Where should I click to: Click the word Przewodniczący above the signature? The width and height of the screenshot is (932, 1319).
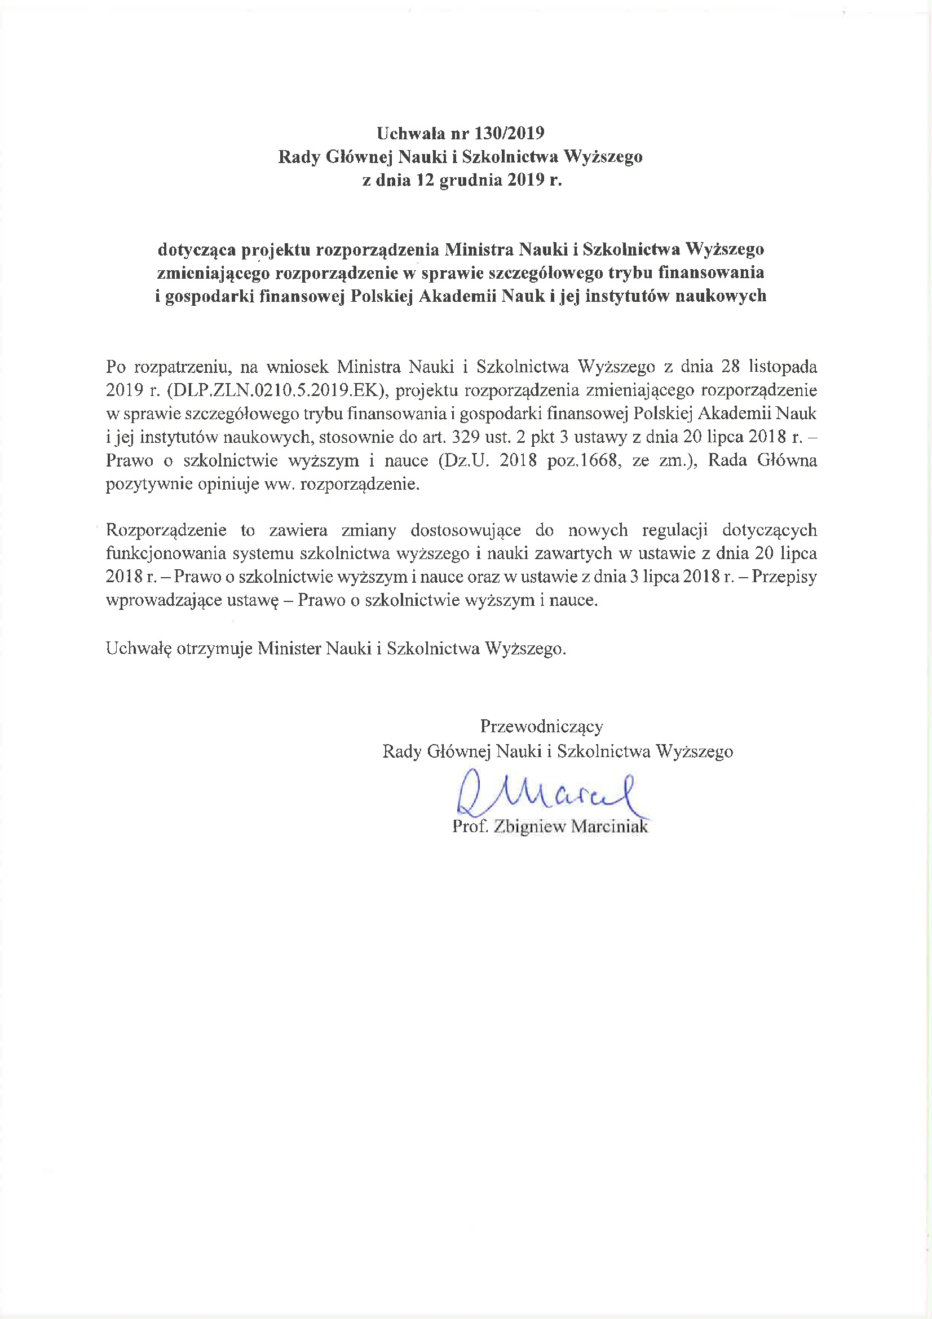tap(541, 727)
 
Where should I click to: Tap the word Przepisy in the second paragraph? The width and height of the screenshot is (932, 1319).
tap(784, 576)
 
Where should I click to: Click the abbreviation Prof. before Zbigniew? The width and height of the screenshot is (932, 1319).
tap(467, 826)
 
